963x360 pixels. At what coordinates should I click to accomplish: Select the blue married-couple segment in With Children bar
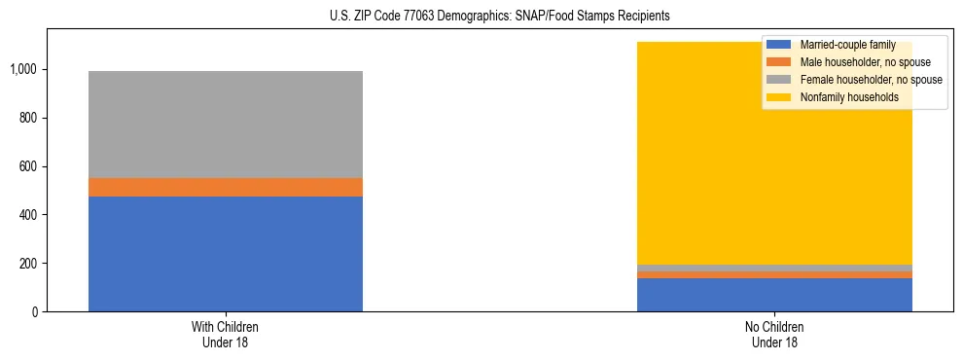click(x=225, y=254)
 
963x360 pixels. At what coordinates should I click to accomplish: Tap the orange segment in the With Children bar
click(x=225, y=187)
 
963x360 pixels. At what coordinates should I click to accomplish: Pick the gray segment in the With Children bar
click(x=225, y=125)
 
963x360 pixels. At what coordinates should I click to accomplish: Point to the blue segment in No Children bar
click(x=774, y=295)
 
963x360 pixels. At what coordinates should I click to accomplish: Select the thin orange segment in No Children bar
click(x=774, y=274)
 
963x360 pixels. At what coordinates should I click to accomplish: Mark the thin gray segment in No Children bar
click(x=774, y=268)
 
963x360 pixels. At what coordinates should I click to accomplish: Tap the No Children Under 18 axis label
click(x=774, y=334)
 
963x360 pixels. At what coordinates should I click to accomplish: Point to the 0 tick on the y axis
click(x=34, y=312)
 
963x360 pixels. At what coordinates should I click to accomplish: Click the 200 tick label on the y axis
click(x=28, y=264)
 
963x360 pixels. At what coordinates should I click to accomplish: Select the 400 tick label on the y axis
click(x=28, y=215)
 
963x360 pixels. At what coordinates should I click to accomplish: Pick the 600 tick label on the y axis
click(x=28, y=166)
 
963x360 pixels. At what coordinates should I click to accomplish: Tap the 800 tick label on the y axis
click(x=28, y=118)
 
